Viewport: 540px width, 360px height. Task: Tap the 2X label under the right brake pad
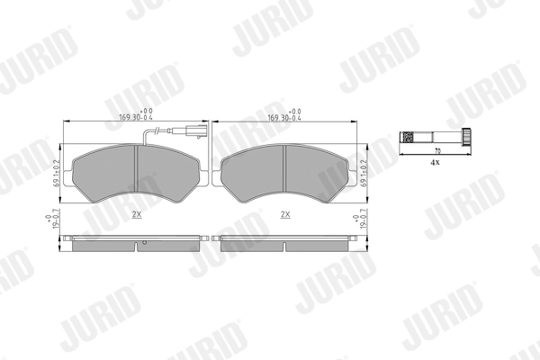pyautogui.click(x=284, y=214)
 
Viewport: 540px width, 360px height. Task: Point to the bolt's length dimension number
pyautogui.click(x=436, y=149)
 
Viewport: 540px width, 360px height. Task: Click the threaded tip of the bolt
pyautogui.click(x=406, y=139)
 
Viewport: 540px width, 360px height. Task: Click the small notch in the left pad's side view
pyautogui.click(x=141, y=243)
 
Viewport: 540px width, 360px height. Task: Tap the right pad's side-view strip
pyautogui.click(x=284, y=240)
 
